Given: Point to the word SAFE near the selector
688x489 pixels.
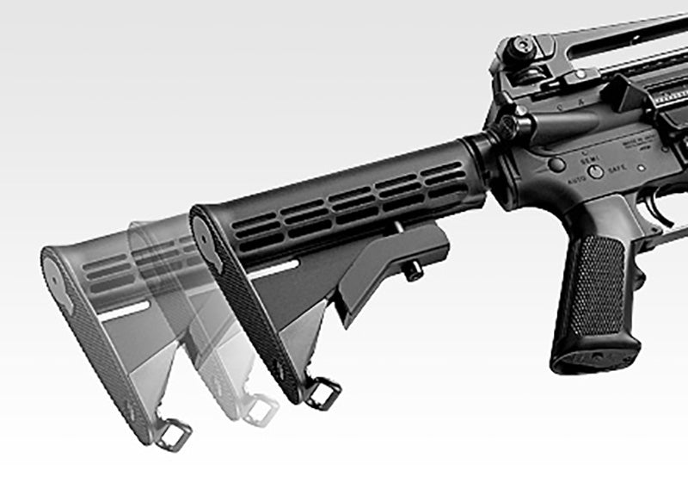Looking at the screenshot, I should point(617,170).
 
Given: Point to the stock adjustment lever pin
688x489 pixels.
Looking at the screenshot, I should point(413,272).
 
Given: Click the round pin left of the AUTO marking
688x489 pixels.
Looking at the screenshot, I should point(558,164).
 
